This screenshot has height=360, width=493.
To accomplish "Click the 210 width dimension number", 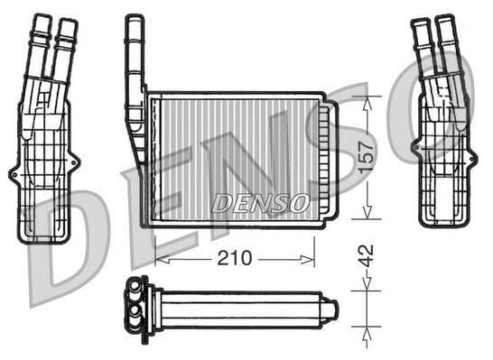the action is click(235, 259).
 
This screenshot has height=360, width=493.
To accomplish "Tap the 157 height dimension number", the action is click(367, 157).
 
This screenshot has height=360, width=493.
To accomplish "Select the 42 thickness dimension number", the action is click(367, 255).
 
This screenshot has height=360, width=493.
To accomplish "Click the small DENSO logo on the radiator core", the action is click(261, 203).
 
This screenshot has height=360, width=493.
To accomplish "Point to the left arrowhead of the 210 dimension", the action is click(163, 259).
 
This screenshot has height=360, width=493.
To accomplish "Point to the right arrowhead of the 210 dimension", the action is click(307, 259).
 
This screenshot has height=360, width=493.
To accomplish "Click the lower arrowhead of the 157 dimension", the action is click(367, 211).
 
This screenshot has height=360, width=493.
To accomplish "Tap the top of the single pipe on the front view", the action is click(135, 18).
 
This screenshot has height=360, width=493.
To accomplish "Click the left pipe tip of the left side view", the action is click(43, 17).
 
